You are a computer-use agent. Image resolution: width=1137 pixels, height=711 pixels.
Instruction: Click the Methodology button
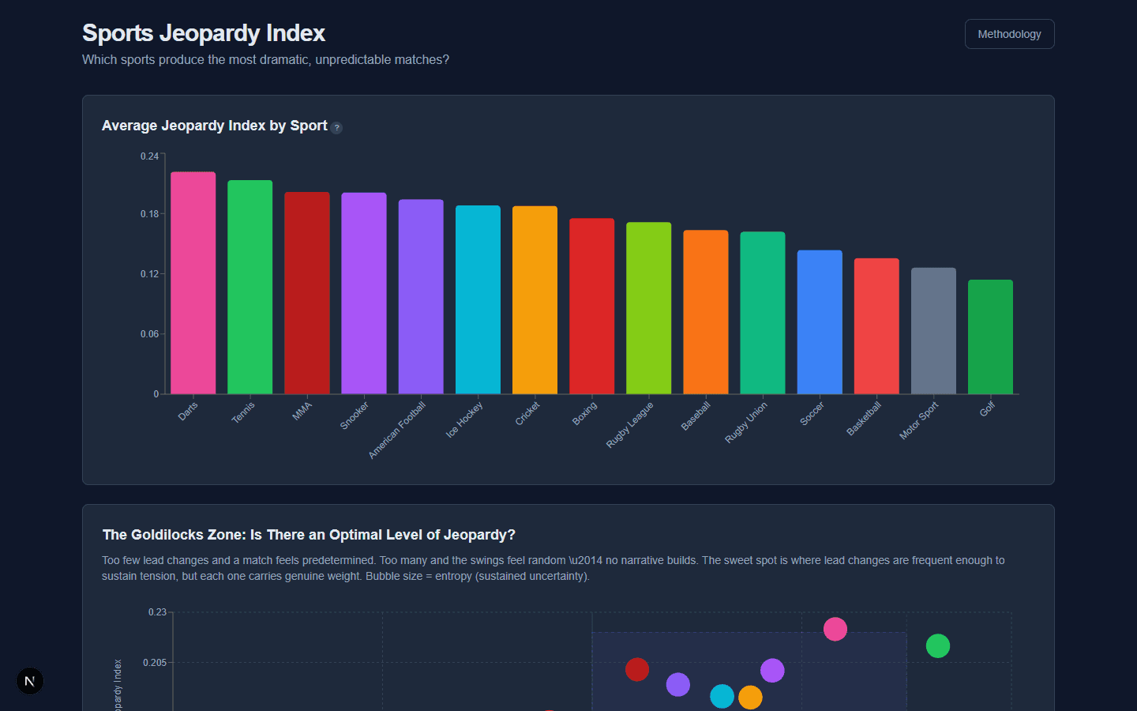(1009, 34)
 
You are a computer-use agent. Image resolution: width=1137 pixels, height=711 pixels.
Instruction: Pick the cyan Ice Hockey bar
(478, 299)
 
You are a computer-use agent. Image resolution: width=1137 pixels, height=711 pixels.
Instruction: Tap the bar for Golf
(990, 337)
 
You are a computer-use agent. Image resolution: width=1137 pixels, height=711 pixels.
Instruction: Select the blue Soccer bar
(820, 322)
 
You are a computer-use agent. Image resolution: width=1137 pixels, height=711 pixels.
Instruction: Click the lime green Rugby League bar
(648, 308)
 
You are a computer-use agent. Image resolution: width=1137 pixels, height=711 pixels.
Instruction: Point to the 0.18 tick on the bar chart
(149, 214)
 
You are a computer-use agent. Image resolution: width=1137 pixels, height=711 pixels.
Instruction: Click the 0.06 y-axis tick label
(149, 334)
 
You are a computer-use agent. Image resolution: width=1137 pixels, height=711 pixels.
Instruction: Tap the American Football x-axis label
(397, 430)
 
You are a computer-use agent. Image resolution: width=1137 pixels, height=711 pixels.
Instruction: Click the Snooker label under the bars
(355, 416)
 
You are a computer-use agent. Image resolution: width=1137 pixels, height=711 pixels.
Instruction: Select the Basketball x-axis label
(864, 419)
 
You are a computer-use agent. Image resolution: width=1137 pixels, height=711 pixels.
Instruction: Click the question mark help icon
(336, 127)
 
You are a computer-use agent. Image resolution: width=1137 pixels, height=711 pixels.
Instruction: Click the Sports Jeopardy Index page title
(204, 33)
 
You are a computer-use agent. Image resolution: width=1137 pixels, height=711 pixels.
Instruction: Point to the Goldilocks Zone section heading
(309, 535)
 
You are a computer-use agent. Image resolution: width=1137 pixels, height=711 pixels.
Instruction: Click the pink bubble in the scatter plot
(835, 629)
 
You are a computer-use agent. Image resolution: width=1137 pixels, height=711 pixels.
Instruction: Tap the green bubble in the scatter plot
(937, 645)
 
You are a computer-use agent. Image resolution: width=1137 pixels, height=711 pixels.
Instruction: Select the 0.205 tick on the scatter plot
(155, 663)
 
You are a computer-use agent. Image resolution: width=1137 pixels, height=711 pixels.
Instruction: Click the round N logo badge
(30, 681)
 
